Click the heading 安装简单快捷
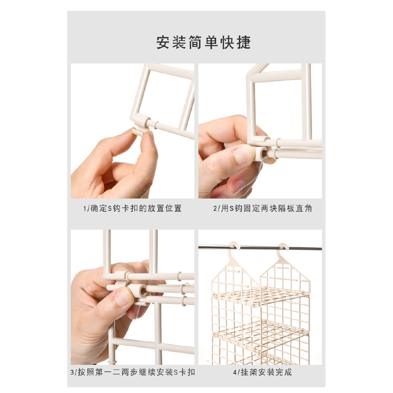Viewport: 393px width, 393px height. tap(203, 43)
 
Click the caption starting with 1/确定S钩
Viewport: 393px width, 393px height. tap(132, 208)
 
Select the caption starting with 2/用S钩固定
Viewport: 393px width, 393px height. tap(263, 208)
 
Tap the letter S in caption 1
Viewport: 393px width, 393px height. tap(109, 208)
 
